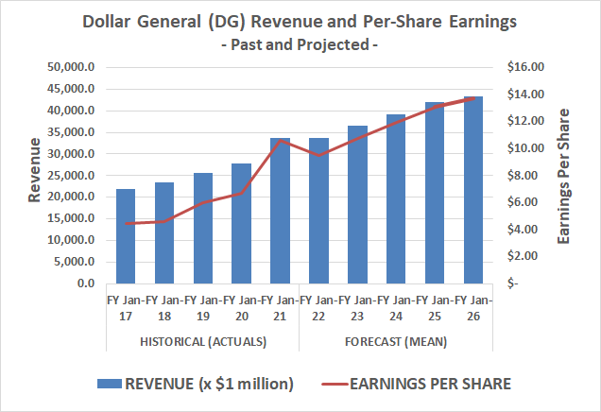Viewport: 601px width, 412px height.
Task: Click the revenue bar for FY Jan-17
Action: tap(126, 236)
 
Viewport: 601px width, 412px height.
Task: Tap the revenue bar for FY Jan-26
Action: tap(474, 190)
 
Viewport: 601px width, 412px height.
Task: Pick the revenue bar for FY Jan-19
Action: tap(203, 228)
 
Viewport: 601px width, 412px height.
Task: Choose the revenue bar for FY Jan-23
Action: tap(358, 204)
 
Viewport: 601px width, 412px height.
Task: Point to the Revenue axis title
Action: tap(34, 170)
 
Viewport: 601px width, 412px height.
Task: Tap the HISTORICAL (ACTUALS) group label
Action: tap(202, 341)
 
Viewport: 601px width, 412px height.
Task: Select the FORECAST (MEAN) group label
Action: tap(396, 341)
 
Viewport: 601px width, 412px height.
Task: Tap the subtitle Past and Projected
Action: tap(300, 43)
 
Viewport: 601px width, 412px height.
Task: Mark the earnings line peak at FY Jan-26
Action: tap(474, 97)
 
